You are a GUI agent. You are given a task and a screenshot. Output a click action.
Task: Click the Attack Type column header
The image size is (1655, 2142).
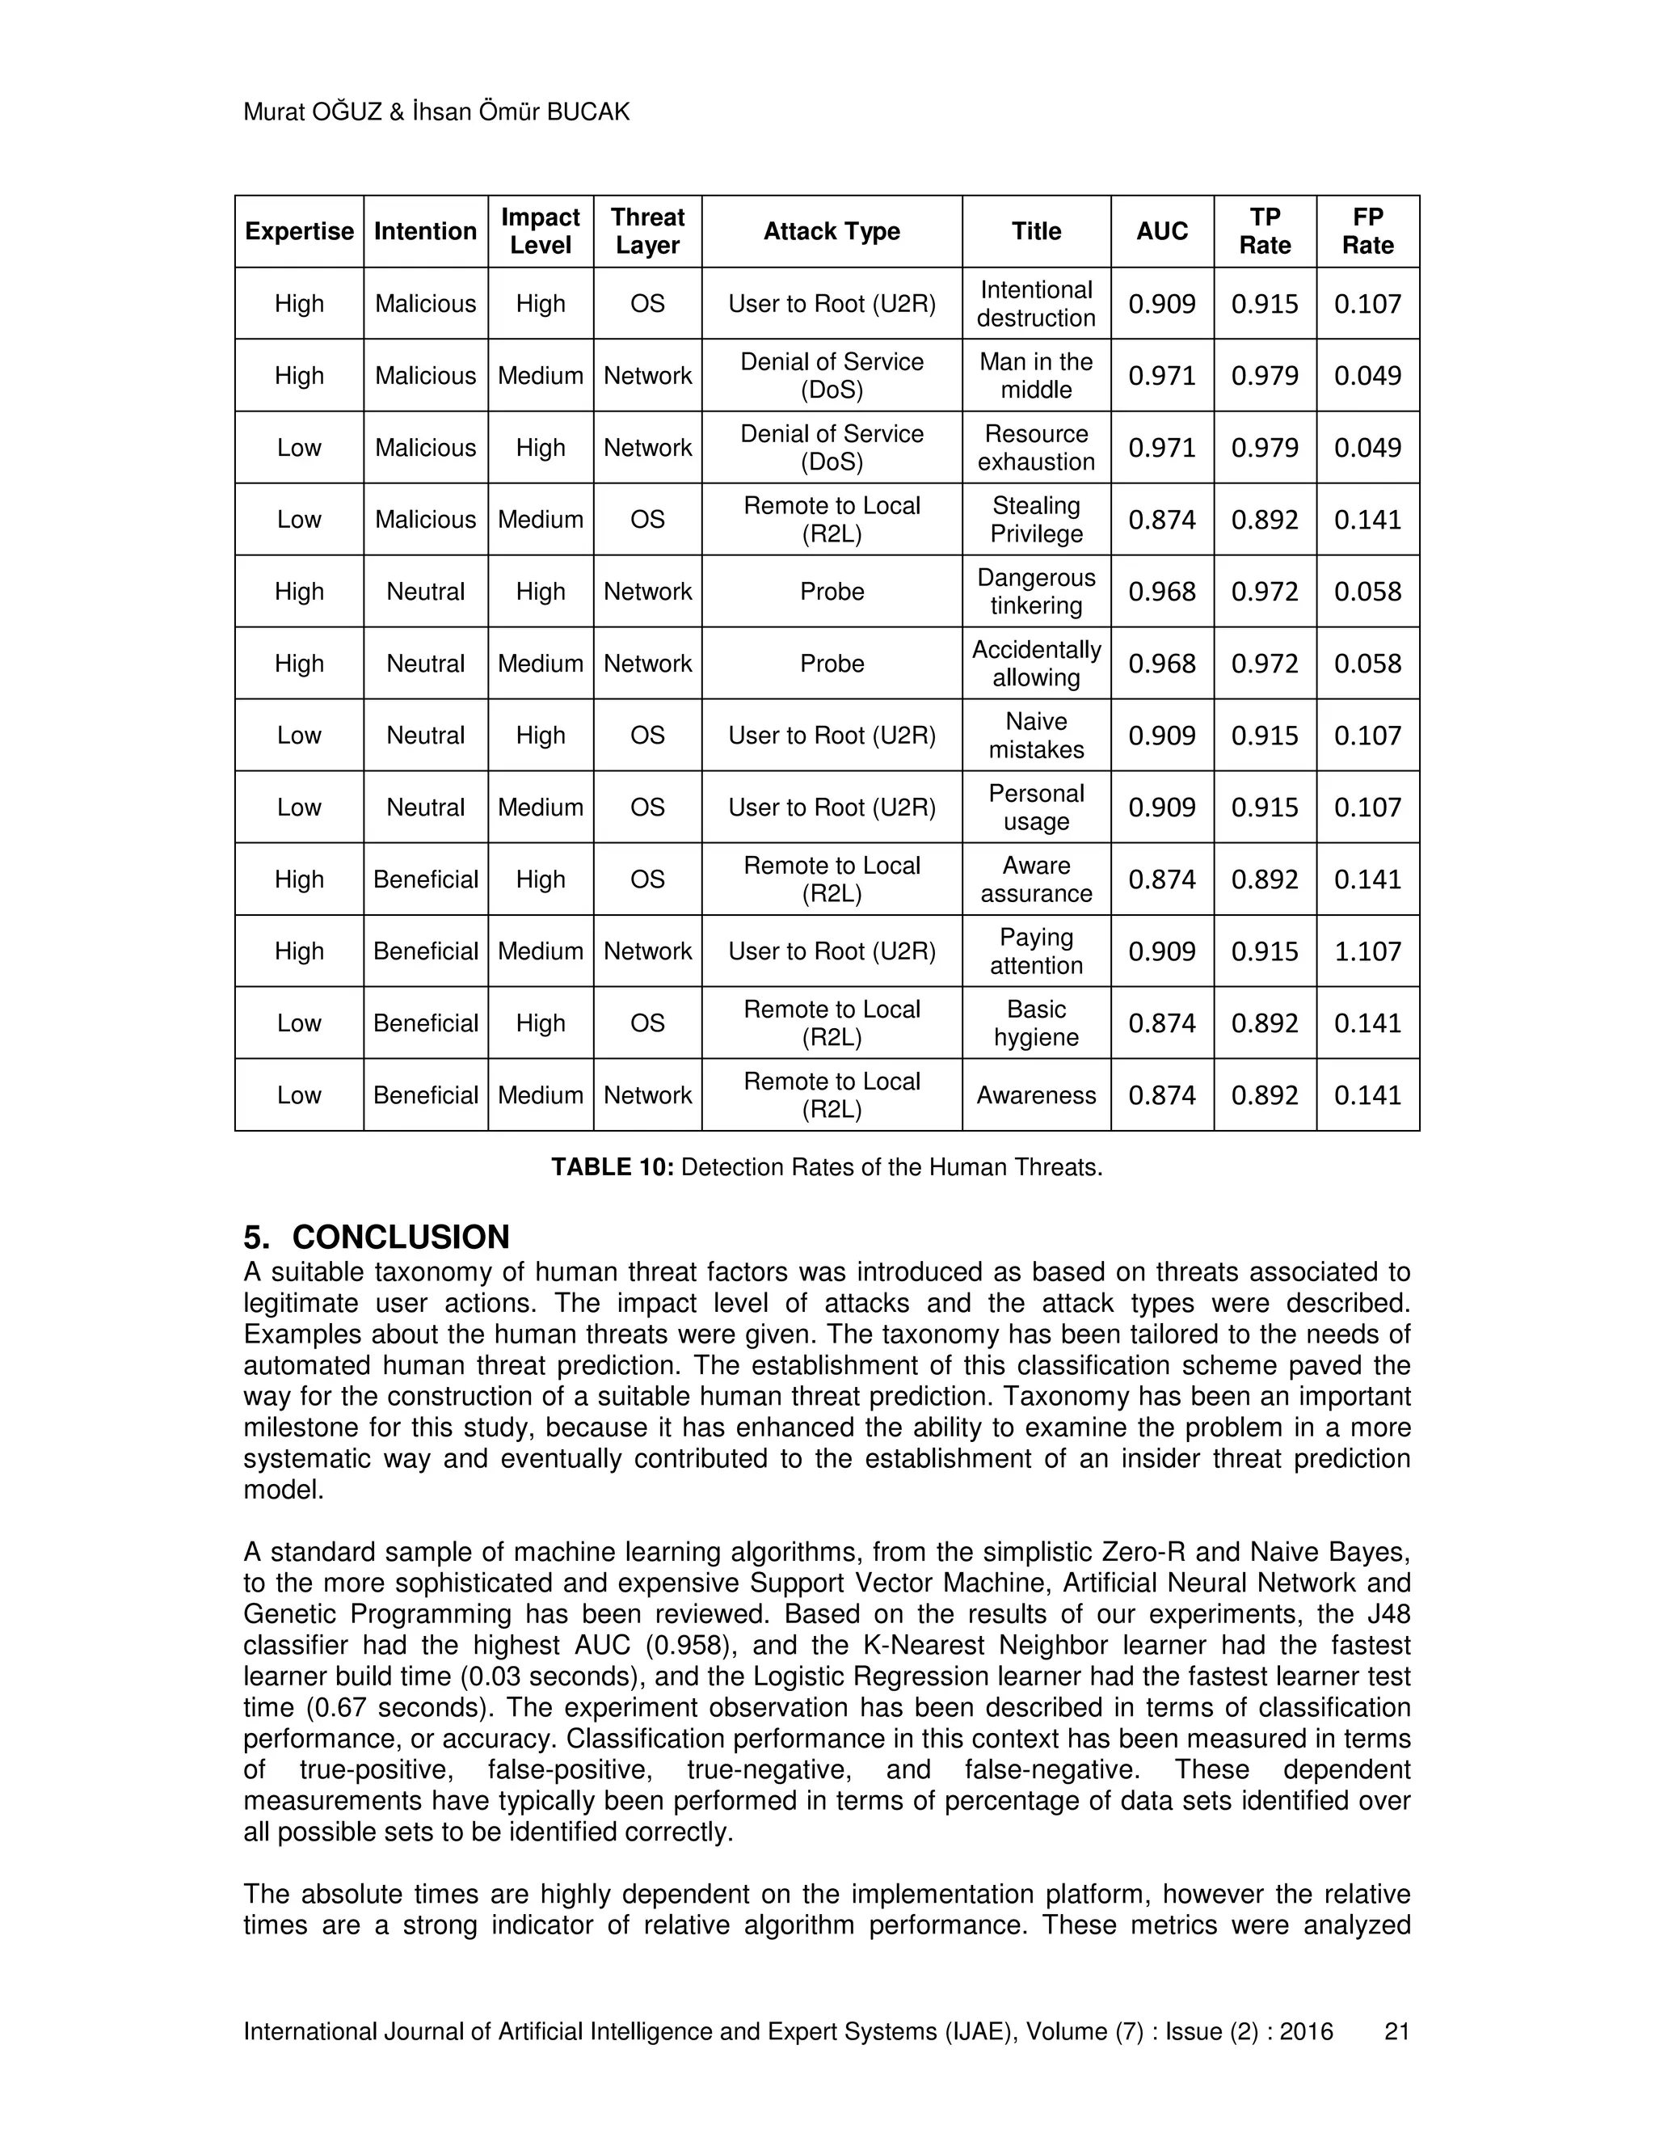pyautogui.click(x=832, y=231)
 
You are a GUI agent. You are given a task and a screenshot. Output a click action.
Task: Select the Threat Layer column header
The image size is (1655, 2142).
pyautogui.click(x=647, y=231)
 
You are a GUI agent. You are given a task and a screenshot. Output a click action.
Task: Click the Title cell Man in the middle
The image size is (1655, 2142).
pyautogui.click(x=1035, y=376)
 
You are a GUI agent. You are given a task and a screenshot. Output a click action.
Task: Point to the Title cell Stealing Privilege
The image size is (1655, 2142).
pyautogui.click(x=1035, y=520)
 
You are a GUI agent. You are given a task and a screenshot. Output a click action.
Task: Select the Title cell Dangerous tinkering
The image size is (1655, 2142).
pyautogui.click(x=1035, y=592)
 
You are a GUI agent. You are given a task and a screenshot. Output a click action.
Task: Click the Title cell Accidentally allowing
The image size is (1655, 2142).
pyautogui.click(x=1035, y=664)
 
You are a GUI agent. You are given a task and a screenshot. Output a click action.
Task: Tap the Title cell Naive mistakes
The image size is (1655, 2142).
pyautogui.click(x=1035, y=736)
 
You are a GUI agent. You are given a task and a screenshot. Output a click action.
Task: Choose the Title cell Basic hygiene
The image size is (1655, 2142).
pyautogui.click(x=1035, y=1023)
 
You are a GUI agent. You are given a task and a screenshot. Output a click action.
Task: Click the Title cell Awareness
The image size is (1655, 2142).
pyautogui.click(x=1035, y=1095)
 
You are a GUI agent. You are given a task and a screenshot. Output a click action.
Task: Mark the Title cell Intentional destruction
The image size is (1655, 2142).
pyautogui.click(x=1035, y=304)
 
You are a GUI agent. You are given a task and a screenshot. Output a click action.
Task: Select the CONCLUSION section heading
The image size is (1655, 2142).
pyautogui.click(x=400, y=1237)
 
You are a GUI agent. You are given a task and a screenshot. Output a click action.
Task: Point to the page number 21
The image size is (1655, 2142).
pyautogui.click(x=1396, y=2031)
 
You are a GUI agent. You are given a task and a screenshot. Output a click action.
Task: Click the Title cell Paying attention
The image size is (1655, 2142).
pyautogui.click(x=1035, y=951)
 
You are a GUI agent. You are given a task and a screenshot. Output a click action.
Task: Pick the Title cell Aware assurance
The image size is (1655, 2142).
pyautogui.click(x=1035, y=879)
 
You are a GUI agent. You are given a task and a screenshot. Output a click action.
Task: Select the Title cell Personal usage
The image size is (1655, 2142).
pyautogui.click(x=1035, y=807)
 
